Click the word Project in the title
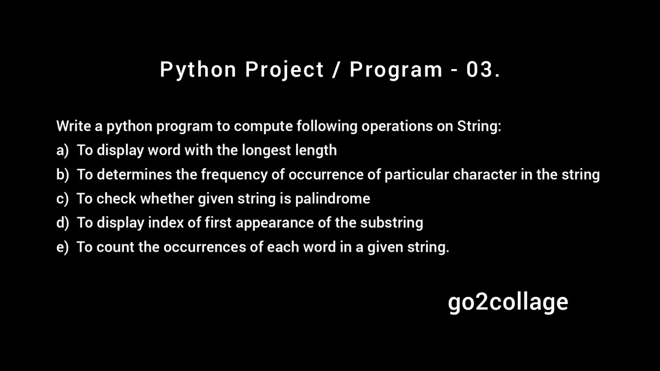point(285,70)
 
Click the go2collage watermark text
point(508,302)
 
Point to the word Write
point(73,126)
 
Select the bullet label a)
point(62,150)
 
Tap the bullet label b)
point(62,175)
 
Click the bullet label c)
point(62,199)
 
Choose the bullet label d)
point(62,223)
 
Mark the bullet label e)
point(62,247)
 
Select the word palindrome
point(333,199)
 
